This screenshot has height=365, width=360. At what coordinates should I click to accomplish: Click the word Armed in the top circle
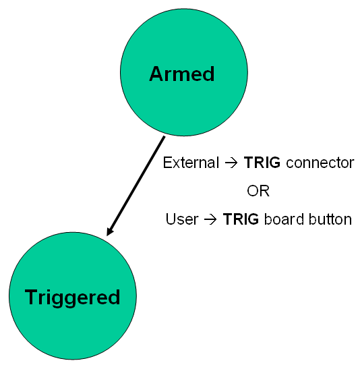pyautogui.click(x=181, y=74)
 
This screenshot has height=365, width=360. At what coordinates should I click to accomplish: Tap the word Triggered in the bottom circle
pyautogui.click(x=72, y=298)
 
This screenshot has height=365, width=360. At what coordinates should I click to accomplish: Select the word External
pyautogui.click(x=191, y=163)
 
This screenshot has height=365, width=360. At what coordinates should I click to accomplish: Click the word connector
pyautogui.click(x=320, y=163)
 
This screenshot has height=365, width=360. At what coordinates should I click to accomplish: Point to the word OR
pyautogui.click(x=258, y=191)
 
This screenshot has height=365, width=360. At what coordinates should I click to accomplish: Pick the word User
pyautogui.click(x=182, y=219)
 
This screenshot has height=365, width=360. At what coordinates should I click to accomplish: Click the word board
pyautogui.click(x=284, y=219)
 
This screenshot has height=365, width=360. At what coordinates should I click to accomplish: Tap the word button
pyautogui.click(x=330, y=219)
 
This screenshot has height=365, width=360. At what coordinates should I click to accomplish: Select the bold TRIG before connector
pyautogui.click(x=262, y=162)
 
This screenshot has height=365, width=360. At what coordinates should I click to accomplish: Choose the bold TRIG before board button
pyautogui.click(x=241, y=219)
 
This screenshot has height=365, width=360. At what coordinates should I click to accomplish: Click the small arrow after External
pyautogui.click(x=231, y=163)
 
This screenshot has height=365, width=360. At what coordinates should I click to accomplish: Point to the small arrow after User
pyautogui.click(x=210, y=219)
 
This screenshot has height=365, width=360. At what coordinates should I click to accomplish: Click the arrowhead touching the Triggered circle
pyautogui.click(x=110, y=231)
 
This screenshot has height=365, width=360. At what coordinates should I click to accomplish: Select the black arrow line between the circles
pyautogui.click(x=136, y=186)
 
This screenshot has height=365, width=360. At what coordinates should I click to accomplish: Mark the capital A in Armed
pyautogui.click(x=156, y=74)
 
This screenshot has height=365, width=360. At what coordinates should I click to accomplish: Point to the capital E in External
pyautogui.click(x=167, y=163)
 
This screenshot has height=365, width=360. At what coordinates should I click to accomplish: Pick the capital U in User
pyautogui.click(x=171, y=219)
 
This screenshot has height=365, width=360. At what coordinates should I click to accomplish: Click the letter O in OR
pyautogui.click(x=252, y=191)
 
